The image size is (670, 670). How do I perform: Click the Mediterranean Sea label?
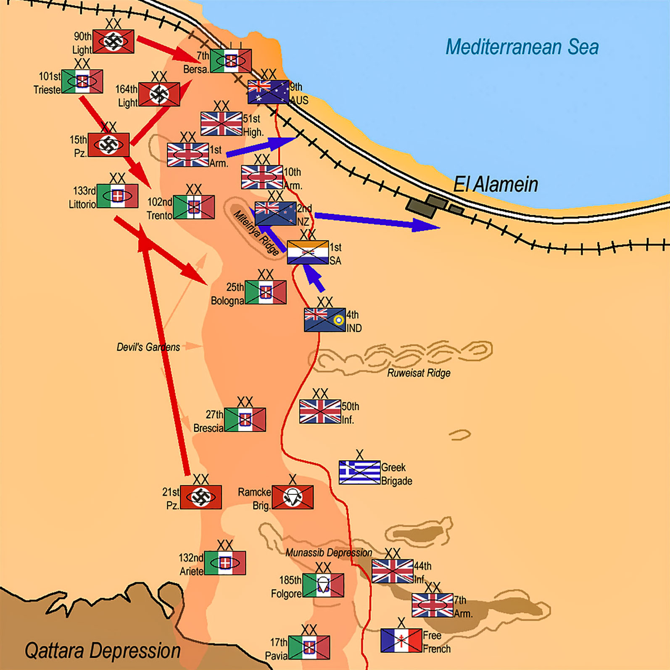coord(522,47)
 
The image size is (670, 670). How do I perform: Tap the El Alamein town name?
coord(496,185)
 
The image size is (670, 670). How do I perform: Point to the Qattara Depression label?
coord(103,651)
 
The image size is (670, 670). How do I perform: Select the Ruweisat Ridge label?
coord(419,373)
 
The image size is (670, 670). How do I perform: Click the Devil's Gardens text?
coord(148,347)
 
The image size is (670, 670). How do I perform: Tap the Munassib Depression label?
coord(329,552)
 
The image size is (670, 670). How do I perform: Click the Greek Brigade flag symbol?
coord(360,472)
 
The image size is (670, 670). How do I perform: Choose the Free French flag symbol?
coord(401,641)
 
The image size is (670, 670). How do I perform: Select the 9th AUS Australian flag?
coord(269,92)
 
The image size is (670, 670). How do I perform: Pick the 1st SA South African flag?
coord(308,252)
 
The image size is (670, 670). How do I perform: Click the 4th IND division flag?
coord(325,320)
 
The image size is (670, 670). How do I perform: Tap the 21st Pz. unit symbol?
coord(201,497)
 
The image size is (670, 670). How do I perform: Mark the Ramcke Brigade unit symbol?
coord(293,497)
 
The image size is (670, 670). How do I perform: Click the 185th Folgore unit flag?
coord(323,585)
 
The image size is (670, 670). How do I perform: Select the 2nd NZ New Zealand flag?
coord(276,214)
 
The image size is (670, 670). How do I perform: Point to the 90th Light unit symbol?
coord(113,41)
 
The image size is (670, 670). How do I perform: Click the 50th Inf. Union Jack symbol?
coord(320,411)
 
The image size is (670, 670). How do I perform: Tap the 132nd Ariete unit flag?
coord(225,563)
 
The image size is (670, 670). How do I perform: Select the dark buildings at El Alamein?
coord(433,206)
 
